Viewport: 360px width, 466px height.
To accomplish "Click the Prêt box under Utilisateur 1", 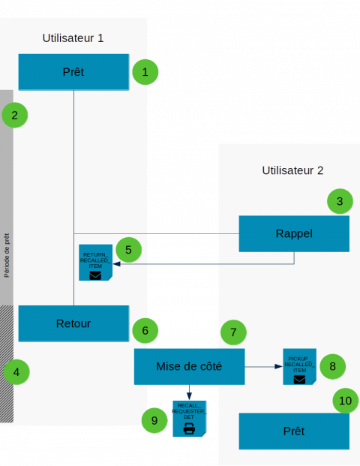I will point(73,72).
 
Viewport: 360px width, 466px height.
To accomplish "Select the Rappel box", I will point(294,233).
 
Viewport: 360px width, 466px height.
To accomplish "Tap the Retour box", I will point(73,323).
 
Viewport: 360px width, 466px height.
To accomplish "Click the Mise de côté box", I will point(189,366).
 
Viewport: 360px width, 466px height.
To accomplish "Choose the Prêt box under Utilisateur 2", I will point(294,431).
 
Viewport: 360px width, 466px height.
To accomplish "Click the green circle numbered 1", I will point(145,72).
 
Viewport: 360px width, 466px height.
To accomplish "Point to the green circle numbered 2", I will point(15,116).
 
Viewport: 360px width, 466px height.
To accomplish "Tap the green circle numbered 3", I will point(339,201).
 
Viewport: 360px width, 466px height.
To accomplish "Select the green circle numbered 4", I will point(16,371).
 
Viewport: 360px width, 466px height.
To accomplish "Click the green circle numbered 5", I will point(128,249).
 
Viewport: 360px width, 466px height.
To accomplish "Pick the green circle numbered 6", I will point(145,329).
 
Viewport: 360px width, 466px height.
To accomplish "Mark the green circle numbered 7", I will point(233,332).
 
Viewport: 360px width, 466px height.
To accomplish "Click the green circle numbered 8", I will point(332,366).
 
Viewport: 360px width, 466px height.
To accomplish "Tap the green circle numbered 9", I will point(154,420).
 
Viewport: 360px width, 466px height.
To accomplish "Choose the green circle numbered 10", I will point(345,401).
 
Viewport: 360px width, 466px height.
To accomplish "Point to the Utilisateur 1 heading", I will point(73,38).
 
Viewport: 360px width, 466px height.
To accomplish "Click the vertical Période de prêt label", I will point(7,254).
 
